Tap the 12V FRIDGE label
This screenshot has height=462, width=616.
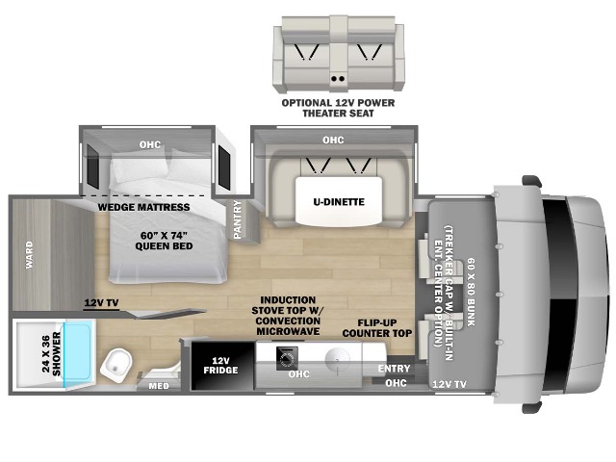[220, 366]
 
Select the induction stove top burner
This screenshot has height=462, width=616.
[287, 358]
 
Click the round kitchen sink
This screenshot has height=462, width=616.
[337, 358]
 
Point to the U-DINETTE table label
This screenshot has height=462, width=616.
[339, 202]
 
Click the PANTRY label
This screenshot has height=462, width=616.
[238, 219]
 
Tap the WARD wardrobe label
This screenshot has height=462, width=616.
[30, 255]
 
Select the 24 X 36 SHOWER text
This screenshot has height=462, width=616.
[51, 354]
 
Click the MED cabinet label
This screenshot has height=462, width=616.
[159, 386]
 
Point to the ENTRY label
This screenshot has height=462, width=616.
[394, 369]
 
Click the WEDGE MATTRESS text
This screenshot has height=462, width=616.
[143, 207]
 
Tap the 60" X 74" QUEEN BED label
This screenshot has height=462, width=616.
[164, 241]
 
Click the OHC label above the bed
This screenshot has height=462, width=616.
[150, 144]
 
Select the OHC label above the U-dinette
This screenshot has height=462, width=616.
[333, 140]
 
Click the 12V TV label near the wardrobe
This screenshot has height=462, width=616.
[101, 303]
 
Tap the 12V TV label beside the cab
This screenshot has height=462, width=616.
[449, 384]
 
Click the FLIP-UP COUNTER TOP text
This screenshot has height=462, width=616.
[376, 328]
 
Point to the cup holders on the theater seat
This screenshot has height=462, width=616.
[338, 79]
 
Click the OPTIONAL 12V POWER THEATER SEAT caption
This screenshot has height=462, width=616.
[338, 108]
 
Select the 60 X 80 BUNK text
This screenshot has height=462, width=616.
[471, 292]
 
